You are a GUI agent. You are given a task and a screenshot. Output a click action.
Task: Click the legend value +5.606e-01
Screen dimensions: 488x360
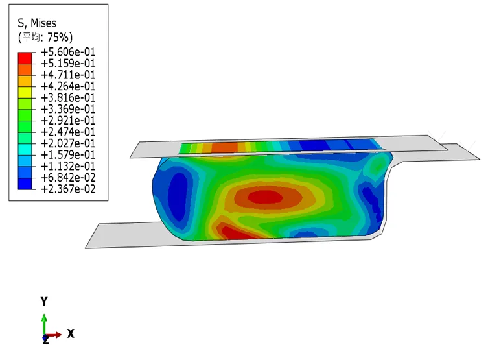pyautogui.click(x=68, y=52)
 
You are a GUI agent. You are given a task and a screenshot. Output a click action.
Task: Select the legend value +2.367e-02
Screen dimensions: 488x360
pyautogui.click(x=68, y=189)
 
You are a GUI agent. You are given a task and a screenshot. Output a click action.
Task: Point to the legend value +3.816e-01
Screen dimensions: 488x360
pyautogui.click(x=68, y=97)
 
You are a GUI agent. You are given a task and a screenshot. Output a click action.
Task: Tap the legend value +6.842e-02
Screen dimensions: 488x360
pyautogui.click(x=68, y=178)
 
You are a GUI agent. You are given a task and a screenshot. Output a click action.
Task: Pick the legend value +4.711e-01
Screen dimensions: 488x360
pyautogui.click(x=68, y=75)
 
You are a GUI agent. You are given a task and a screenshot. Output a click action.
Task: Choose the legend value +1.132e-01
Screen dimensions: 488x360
pyautogui.click(x=68, y=166)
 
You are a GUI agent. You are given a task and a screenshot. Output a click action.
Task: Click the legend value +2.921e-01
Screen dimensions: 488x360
pyautogui.click(x=68, y=121)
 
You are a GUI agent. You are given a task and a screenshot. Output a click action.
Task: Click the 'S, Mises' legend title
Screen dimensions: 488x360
pyautogui.click(x=37, y=23)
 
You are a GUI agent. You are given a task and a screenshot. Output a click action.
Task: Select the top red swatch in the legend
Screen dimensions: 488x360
pyautogui.click(x=25, y=58)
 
